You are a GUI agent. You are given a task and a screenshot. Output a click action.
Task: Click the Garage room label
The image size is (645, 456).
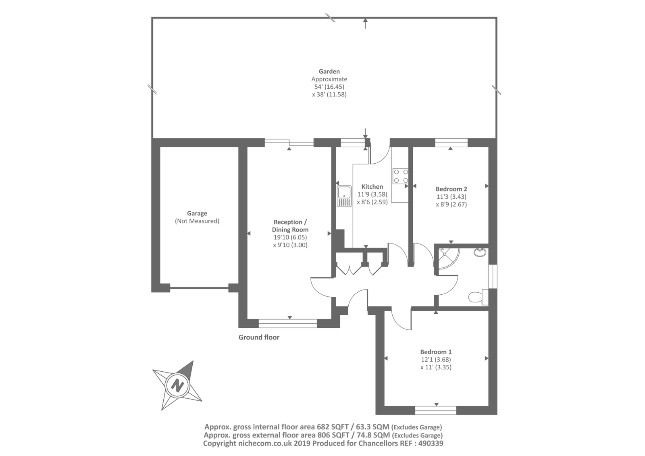point(197,214)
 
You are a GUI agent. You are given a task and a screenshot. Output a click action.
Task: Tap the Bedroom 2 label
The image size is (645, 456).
point(451,189)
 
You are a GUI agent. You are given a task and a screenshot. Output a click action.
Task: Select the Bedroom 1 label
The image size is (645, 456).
point(435,352)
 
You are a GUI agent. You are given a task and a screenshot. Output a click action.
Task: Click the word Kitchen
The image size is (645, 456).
point(372,187)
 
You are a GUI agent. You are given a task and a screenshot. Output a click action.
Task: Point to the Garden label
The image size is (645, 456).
point(329,72)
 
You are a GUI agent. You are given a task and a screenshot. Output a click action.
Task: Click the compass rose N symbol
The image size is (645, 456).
point(177,385)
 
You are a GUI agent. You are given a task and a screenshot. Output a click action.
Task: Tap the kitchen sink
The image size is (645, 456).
point(345,196)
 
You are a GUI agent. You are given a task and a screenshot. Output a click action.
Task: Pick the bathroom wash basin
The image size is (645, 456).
point(480,252)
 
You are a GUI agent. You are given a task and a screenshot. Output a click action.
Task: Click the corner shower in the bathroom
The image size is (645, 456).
point(448,258)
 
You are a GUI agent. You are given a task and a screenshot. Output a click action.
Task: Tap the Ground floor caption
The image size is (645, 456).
point(259,337)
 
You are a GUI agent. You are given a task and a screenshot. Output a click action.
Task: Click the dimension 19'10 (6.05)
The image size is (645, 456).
point(290,237)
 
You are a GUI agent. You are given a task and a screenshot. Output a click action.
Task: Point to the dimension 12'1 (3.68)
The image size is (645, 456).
point(435,360)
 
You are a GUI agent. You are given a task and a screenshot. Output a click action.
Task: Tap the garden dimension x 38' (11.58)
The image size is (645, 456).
point(329,95)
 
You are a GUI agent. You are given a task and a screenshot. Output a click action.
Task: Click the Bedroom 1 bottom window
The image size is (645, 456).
point(435,410)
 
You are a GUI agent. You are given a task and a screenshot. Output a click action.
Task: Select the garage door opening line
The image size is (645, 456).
point(199,288)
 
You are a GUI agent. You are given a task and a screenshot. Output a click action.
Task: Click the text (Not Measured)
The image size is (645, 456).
point(197,221)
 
